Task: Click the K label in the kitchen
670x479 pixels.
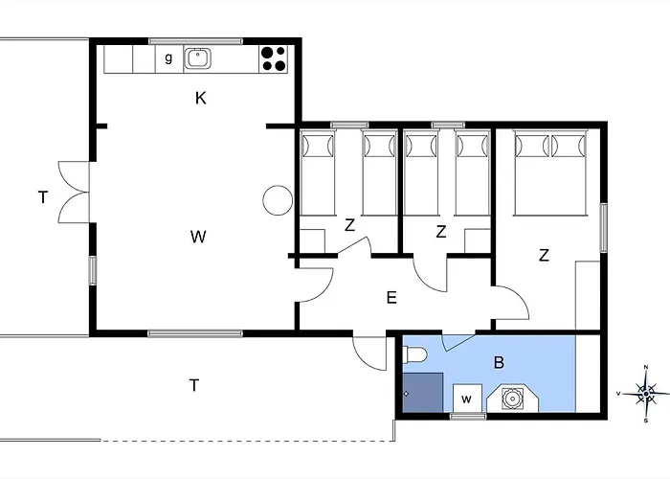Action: [200, 98]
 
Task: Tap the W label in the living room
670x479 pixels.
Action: [198, 236]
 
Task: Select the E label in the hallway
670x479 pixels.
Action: [391, 298]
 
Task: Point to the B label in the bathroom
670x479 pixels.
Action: [498, 363]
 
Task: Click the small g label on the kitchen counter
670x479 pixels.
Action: [168, 58]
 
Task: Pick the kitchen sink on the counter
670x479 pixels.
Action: [197, 58]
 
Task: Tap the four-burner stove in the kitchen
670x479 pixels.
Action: [274, 58]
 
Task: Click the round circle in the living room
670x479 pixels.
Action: [277, 199]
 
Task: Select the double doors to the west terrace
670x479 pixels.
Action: [75, 192]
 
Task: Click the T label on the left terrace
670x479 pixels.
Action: [42, 198]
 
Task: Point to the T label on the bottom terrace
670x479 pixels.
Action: [193, 385]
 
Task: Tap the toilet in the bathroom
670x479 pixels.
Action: [414, 356]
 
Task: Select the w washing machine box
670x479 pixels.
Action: [468, 399]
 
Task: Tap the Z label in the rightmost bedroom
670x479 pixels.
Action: [544, 255]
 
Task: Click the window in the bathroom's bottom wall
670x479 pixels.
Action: [468, 416]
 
